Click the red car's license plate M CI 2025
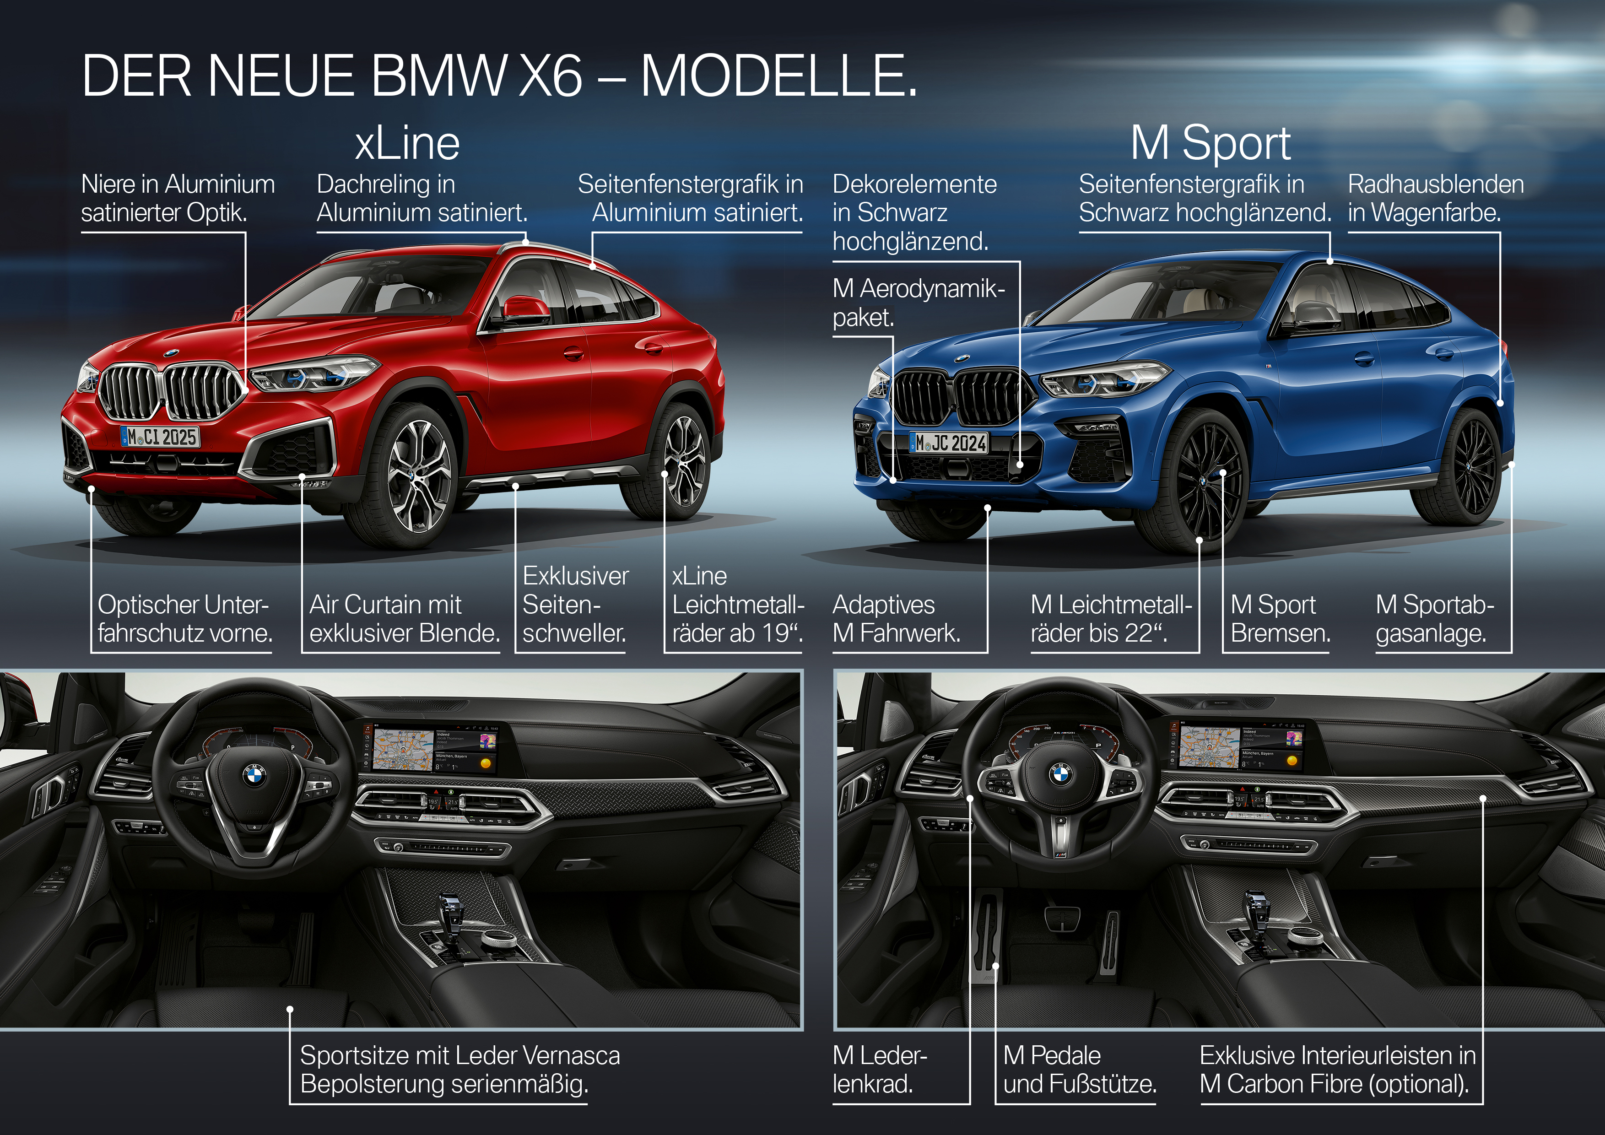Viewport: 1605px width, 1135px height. coord(160,437)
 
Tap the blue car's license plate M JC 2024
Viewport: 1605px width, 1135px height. coord(949,443)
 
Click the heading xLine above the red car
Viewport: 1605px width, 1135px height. coord(407,144)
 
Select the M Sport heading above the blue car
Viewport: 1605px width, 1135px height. coord(1210,144)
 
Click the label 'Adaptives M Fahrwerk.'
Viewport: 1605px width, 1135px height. coord(896,618)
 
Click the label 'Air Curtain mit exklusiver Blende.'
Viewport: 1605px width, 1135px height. coord(404,618)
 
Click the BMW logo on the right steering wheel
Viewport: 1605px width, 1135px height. coord(1060,772)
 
